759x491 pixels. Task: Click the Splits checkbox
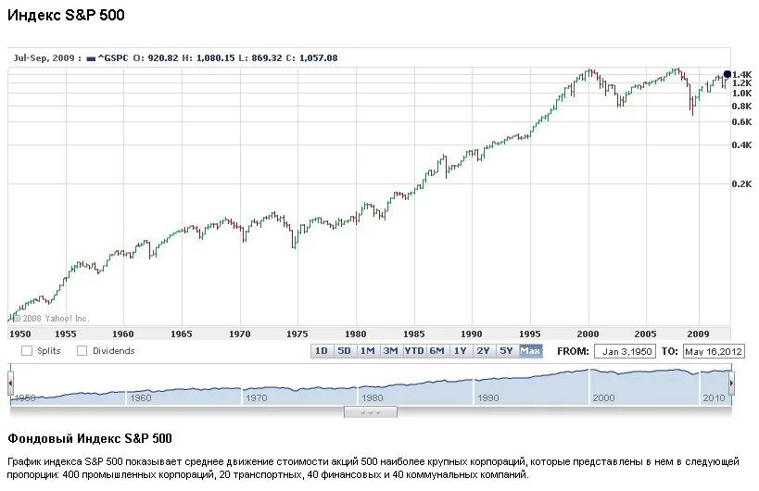point(26,351)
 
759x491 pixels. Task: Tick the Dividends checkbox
point(82,351)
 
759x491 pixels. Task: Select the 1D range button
point(322,350)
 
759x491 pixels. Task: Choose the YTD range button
point(413,350)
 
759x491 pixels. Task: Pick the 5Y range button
point(506,350)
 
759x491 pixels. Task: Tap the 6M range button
point(436,350)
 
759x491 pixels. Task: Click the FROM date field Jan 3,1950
point(628,351)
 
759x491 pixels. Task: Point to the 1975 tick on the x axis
point(297,334)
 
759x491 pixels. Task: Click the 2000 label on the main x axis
point(588,334)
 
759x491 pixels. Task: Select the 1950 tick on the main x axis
point(19,334)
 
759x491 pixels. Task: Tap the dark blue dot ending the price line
point(727,74)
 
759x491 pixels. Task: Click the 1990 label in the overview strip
point(487,397)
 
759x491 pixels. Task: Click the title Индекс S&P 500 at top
point(66,16)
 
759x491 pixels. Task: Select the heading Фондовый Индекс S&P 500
point(90,438)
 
